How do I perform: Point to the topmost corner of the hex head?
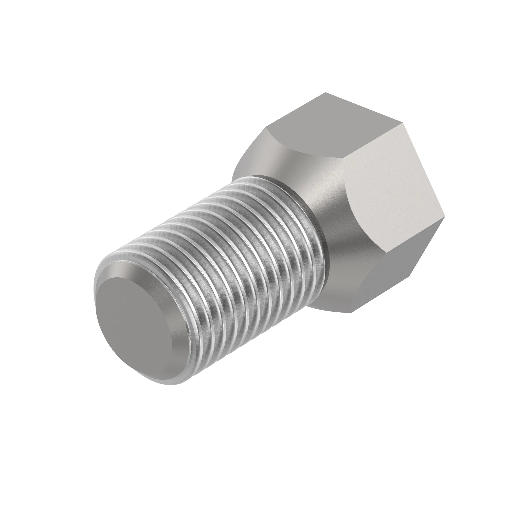(x=325, y=93)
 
